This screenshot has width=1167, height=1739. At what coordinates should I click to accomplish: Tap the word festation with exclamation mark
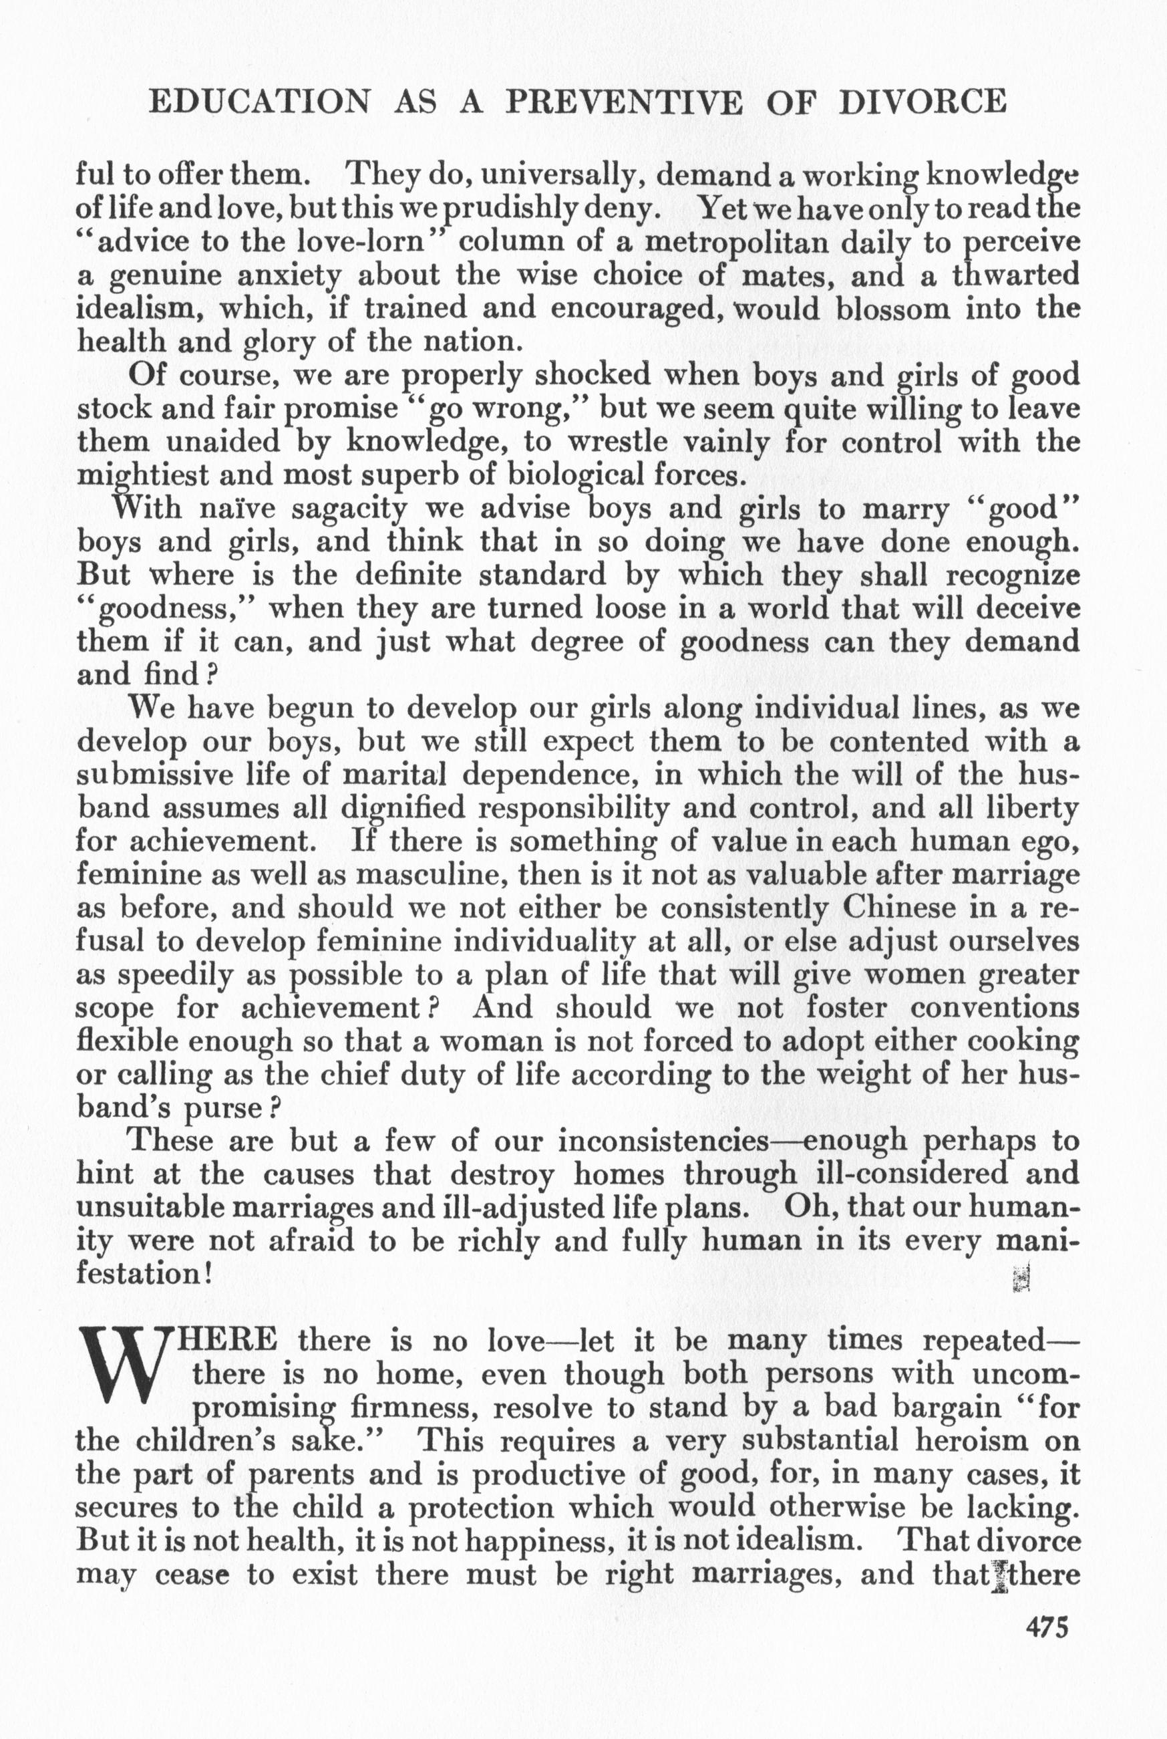pyautogui.click(x=146, y=1273)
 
